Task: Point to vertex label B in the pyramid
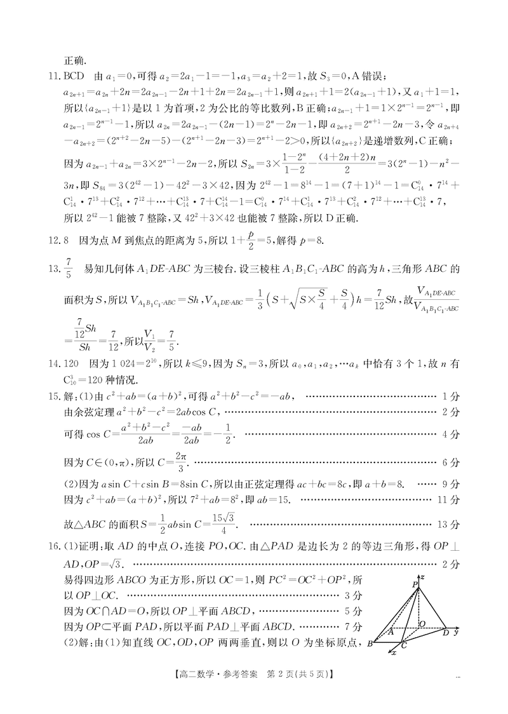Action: click(x=370, y=644)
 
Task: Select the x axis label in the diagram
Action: click(x=394, y=652)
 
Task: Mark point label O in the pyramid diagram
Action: click(x=422, y=625)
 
